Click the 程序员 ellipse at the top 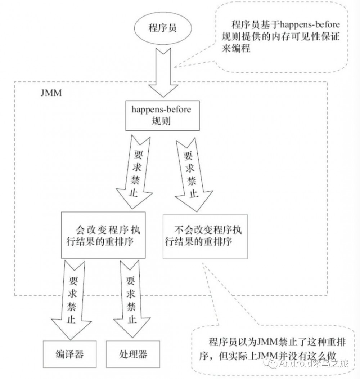[162, 28]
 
